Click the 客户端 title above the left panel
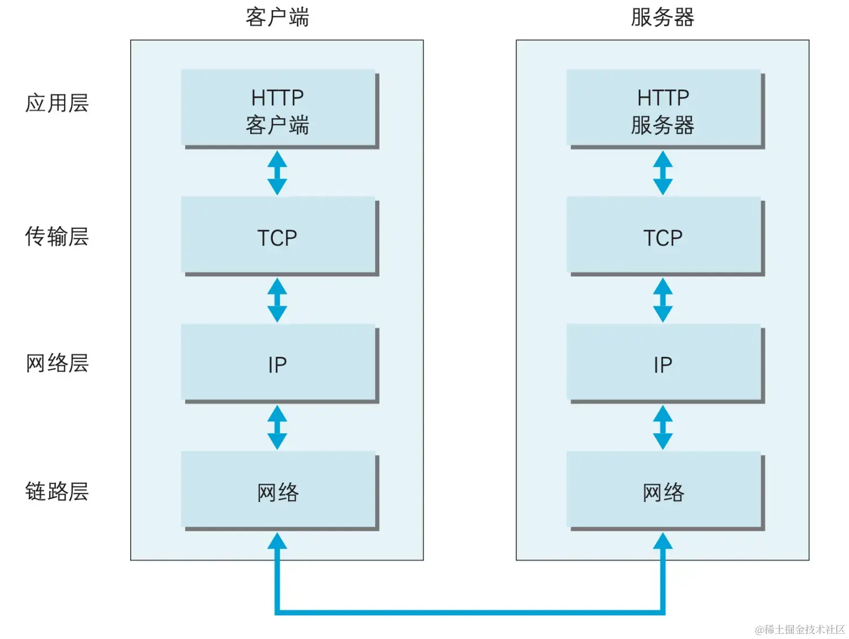(277, 18)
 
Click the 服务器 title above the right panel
(662, 18)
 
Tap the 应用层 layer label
(57, 103)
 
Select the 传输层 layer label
(57, 236)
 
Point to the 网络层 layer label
(57, 363)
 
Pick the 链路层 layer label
(57, 491)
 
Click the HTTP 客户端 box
(278, 109)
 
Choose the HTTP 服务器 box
(664, 109)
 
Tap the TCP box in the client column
(278, 236)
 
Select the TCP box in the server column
(664, 236)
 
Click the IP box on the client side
(278, 364)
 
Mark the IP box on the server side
(664, 364)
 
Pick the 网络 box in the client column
(278, 491)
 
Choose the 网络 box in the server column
(664, 491)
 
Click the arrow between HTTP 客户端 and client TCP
(277, 173)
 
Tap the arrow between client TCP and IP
(277, 300)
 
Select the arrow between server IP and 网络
(663, 428)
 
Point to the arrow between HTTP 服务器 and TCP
(663, 173)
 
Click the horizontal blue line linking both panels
(470, 612)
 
